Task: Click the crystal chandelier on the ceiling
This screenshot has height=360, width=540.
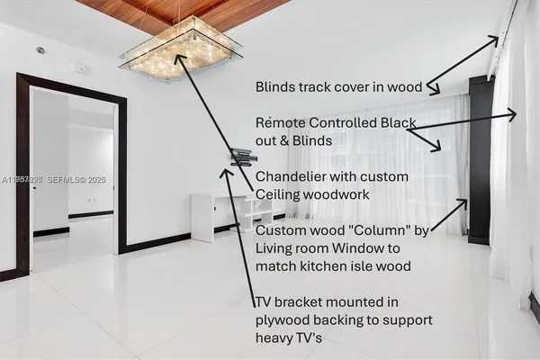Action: point(181,49)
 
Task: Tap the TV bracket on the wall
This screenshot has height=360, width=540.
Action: point(244,157)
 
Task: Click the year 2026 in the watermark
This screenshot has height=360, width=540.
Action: point(96,179)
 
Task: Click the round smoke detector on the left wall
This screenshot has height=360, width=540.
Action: point(40,50)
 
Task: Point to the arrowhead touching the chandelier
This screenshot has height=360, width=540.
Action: point(178,59)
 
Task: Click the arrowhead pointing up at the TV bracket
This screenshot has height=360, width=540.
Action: point(226,173)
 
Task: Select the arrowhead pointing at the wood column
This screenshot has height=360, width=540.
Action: point(463,204)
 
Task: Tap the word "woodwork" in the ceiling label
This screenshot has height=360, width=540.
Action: point(336,194)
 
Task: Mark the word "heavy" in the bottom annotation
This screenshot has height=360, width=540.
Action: point(274,338)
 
